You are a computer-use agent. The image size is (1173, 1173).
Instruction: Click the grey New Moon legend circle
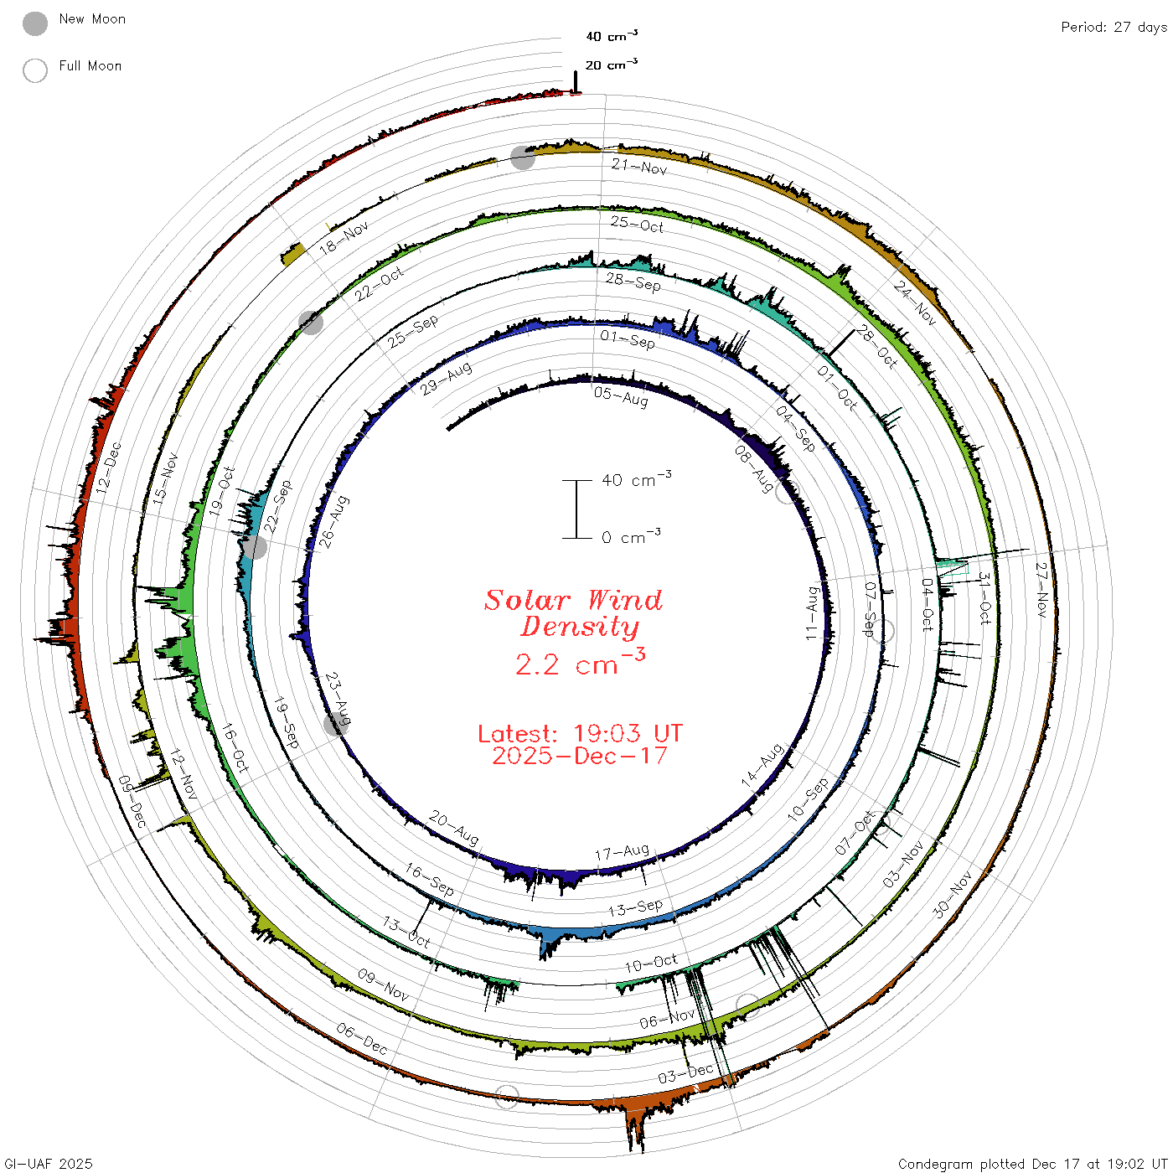(x=34, y=23)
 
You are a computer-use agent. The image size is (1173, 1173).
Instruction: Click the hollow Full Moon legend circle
(x=34, y=70)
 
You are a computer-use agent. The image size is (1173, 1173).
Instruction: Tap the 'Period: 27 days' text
(x=1114, y=28)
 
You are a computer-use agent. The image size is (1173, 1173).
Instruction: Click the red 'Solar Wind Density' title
(x=573, y=613)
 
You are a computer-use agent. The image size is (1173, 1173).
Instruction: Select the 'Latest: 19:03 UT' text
(x=580, y=733)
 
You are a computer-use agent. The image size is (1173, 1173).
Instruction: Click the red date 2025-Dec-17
(x=580, y=757)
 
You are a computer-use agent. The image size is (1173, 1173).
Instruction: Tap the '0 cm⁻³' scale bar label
(x=631, y=536)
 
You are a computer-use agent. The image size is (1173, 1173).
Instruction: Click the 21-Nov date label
(x=639, y=166)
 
